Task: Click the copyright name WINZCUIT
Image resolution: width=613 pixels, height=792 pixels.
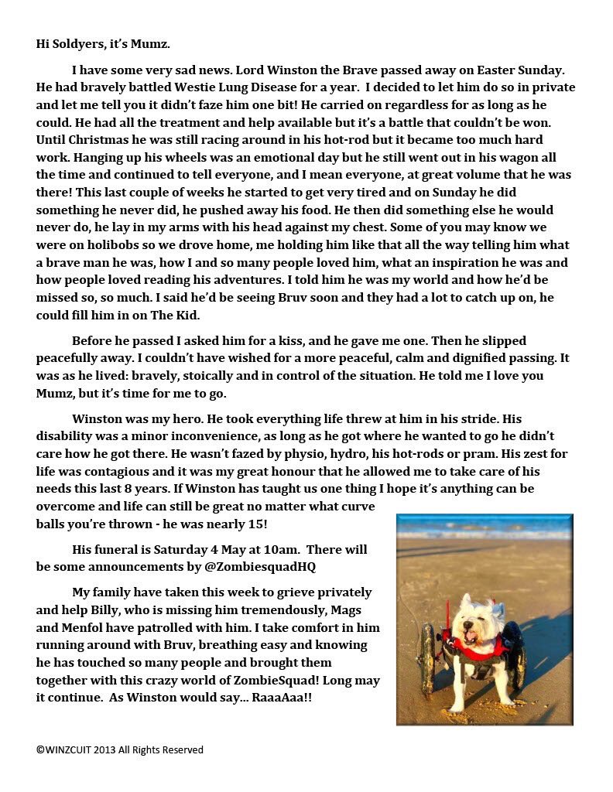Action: click(69, 749)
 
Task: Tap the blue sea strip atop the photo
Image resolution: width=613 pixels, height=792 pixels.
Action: click(485, 528)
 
